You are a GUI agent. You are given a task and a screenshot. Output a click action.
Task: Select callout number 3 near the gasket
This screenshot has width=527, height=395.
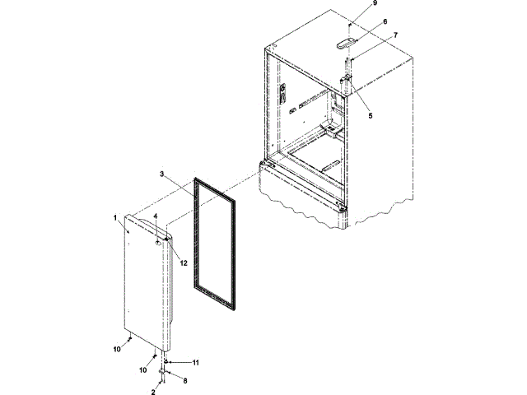[x=162, y=175]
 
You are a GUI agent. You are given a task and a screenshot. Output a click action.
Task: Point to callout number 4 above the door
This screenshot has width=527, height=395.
[x=154, y=216]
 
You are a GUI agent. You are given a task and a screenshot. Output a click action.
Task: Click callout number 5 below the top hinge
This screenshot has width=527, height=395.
[x=370, y=116]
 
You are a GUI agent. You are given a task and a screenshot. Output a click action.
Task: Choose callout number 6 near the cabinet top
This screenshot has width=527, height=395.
[x=384, y=21]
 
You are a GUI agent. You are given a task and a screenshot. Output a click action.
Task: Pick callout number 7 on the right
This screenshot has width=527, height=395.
[x=395, y=35]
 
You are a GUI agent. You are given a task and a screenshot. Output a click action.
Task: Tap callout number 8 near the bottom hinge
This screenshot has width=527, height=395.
[x=184, y=380]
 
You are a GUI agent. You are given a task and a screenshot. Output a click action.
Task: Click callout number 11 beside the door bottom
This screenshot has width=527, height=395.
[x=195, y=362]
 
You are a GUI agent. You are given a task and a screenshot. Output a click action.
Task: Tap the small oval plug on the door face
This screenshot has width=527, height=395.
[x=156, y=244]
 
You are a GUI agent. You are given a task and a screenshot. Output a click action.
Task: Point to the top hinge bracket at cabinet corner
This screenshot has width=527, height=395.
[x=347, y=83]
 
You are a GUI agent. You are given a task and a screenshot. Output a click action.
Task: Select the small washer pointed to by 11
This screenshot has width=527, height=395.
[x=168, y=361]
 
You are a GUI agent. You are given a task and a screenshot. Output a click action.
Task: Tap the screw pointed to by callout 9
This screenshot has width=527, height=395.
[x=349, y=28]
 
